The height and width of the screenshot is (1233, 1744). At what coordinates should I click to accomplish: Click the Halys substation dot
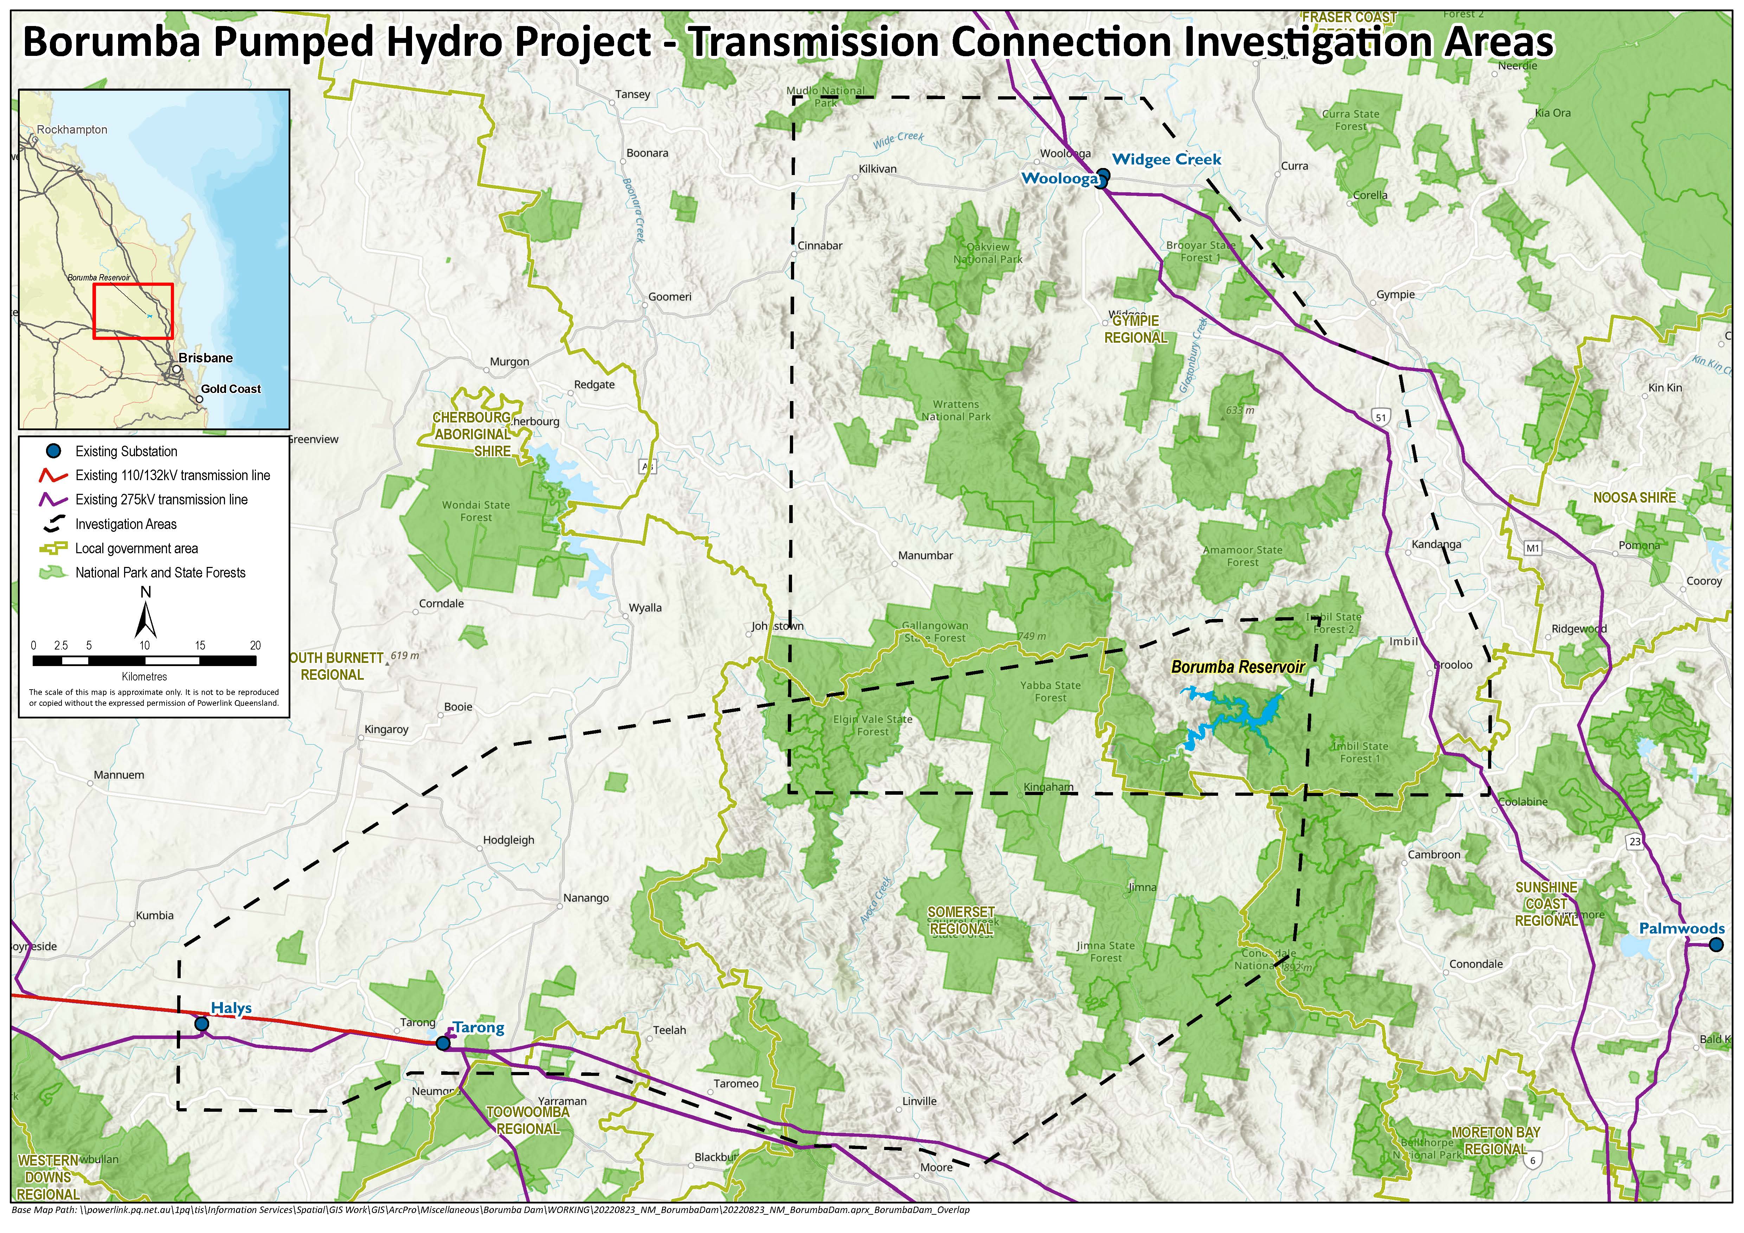click(201, 1024)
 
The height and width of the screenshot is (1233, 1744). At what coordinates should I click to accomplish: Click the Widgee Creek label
click(1167, 160)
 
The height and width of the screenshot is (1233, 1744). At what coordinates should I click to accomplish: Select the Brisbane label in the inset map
click(206, 357)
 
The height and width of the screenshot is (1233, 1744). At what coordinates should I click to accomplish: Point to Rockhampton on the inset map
click(72, 130)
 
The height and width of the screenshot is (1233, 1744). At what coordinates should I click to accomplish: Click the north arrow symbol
click(146, 615)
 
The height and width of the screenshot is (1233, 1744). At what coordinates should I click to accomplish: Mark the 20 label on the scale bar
click(255, 645)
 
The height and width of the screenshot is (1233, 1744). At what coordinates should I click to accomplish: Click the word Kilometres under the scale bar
click(144, 677)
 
